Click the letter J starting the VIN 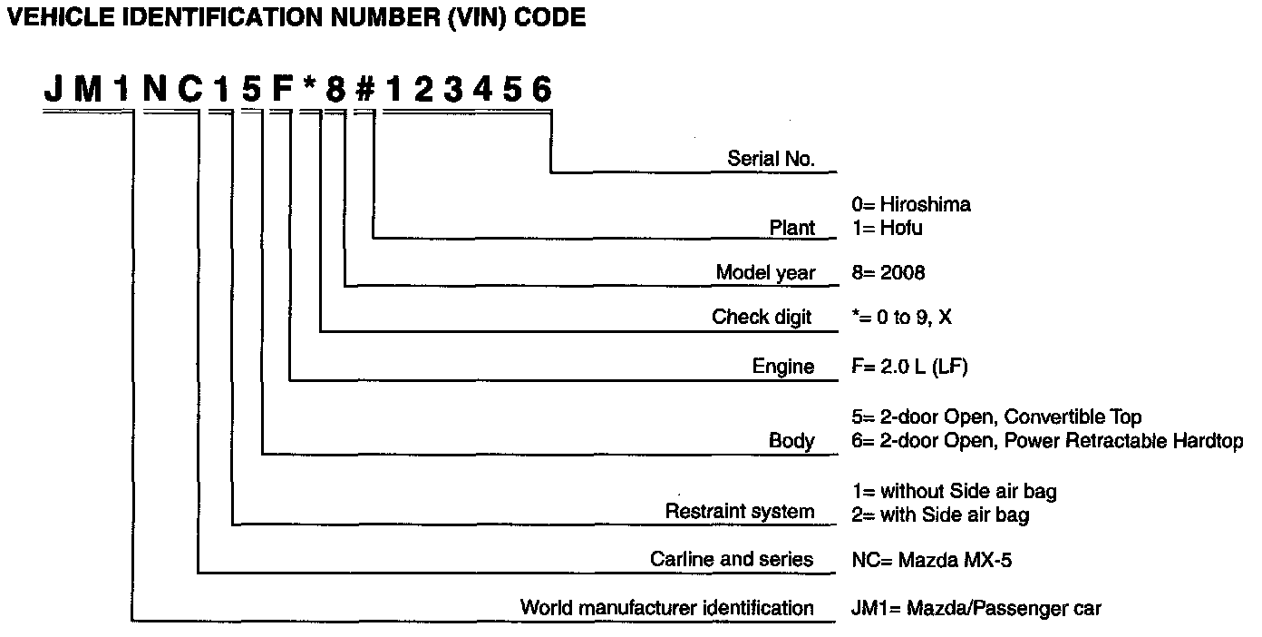tap(54, 91)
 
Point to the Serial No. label tap(771, 159)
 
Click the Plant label tap(792, 228)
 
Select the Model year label tap(765, 273)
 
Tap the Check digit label tap(762, 318)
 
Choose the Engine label tap(783, 367)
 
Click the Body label tap(791, 442)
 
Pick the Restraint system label tap(740, 512)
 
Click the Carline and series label tap(732, 559)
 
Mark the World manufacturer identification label tap(666, 607)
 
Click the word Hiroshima tap(925, 205)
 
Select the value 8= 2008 tap(888, 273)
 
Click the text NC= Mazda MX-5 tap(932, 560)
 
